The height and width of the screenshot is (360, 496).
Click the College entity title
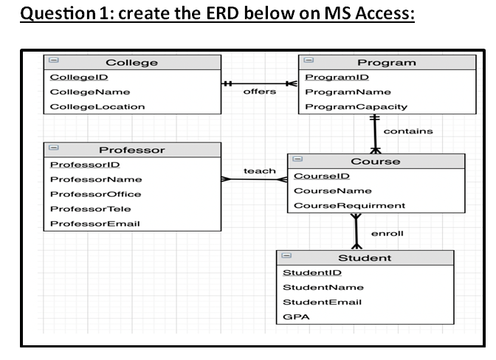pyautogui.click(x=131, y=63)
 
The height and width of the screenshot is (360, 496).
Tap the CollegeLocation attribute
pyautogui.click(x=97, y=106)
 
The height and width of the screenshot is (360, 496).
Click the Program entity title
pyautogui.click(x=386, y=63)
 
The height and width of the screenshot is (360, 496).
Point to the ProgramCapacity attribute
pyautogui.click(x=356, y=106)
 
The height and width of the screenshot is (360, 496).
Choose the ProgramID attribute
pyautogui.click(x=337, y=77)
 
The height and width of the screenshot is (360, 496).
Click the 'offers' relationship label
pyautogui.click(x=259, y=91)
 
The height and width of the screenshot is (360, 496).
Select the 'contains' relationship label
pyautogui.click(x=408, y=131)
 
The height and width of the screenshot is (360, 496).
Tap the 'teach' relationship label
pyautogui.click(x=259, y=170)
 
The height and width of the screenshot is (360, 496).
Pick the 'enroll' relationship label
pyautogui.click(x=387, y=233)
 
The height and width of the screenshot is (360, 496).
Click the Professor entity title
pyautogui.click(x=132, y=150)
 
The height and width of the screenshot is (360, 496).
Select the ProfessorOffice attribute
pyautogui.click(x=95, y=194)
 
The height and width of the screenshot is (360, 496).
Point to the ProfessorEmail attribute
pyautogui.click(x=94, y=224)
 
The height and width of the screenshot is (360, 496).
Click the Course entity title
pyautogui.click(x=375, y=161)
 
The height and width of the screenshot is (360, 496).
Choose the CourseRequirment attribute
pyautogui.click(x=349, y=205)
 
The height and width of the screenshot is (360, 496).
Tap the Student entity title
pyautogui.click(x=365, y=257)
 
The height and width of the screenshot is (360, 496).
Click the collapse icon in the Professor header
pyautogui.click(x=54, y=149)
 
